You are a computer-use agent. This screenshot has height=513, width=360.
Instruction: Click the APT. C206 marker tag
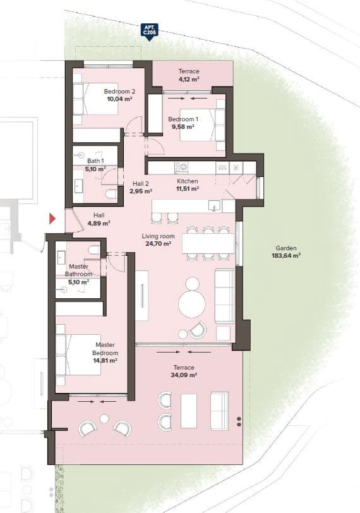(149, 32)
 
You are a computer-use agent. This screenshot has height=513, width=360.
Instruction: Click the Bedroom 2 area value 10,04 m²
(119, 99)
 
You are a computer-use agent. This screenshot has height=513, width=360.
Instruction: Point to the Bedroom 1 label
(183, 119)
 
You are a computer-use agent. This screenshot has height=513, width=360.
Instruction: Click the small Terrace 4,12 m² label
(188, 76)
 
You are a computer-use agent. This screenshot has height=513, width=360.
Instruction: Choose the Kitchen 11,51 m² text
(188, 184)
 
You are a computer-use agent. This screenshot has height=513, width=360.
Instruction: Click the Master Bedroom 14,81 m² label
(105, 353)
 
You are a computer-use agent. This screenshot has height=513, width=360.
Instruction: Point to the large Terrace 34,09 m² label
(184, 371)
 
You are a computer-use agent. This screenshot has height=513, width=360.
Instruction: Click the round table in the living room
(191, 304)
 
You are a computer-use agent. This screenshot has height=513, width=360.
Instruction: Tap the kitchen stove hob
(182, 167)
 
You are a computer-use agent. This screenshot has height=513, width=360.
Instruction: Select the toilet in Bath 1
(111, 194)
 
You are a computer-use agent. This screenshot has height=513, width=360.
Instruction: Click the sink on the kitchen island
(215, 206)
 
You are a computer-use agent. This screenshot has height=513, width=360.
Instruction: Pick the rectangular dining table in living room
(208, 243)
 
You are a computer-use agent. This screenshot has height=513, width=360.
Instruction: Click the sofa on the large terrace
(219, 411)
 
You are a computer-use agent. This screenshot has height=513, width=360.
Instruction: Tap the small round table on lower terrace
(104, 418)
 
